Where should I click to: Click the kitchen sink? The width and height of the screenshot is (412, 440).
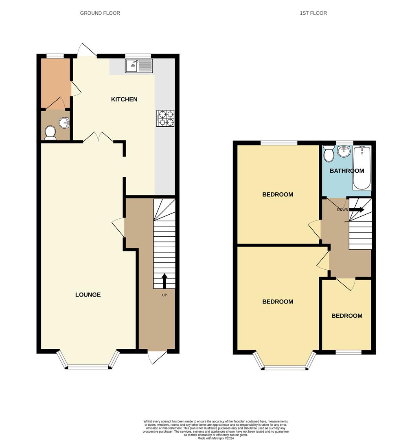pos(139,66)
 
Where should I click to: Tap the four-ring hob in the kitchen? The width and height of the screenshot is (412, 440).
pos(166,118)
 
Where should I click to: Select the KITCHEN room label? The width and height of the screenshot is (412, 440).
pos(124,99)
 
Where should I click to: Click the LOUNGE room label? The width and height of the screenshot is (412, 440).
pos(88,295)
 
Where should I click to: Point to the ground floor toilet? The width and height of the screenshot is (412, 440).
pos(50,132)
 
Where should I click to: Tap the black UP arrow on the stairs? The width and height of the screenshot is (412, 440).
pos(164,281)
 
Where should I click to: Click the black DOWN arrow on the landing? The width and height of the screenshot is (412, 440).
pos(357,209)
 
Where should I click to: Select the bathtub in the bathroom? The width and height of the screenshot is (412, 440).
pos(362,168)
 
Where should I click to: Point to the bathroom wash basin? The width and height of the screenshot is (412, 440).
pos(344,151)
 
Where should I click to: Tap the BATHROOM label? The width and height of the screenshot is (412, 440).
pos(347,171)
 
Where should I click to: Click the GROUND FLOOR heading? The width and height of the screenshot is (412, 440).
pos(100,13)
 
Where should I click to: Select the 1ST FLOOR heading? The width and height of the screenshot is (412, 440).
pos(313,13)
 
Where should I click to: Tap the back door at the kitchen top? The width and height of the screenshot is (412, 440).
pos(87,50)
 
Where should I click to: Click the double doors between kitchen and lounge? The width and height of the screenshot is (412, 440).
pos(98,137)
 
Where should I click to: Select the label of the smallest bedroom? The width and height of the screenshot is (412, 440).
pos(347,316)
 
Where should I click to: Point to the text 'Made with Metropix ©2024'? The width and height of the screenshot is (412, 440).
pos(216,438)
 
